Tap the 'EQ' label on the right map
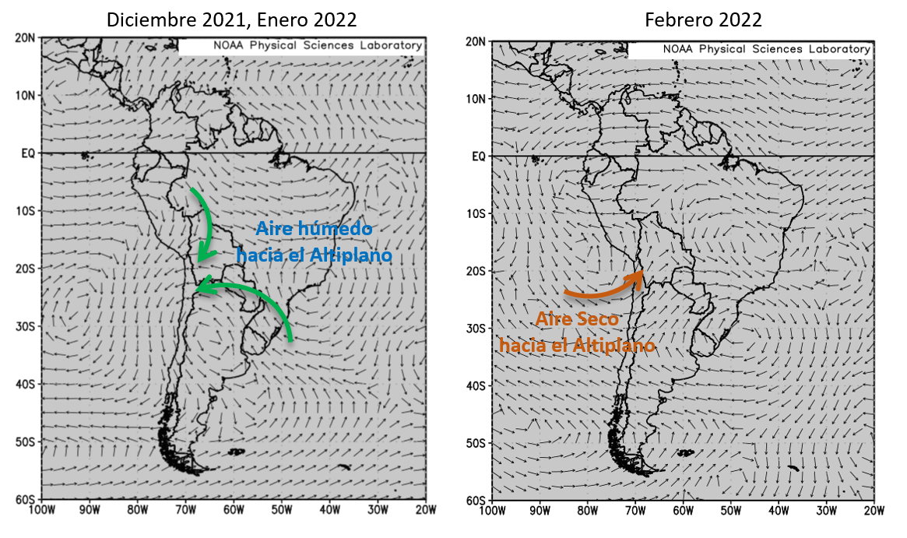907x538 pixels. (478, 156)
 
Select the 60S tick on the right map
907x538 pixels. (476, 501)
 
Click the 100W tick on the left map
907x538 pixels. (40, 512)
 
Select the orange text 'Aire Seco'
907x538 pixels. (575, 319)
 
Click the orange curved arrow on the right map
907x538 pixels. (603, 287)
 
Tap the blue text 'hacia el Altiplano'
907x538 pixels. (315, 255)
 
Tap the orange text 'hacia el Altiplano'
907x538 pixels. (577, 344)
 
